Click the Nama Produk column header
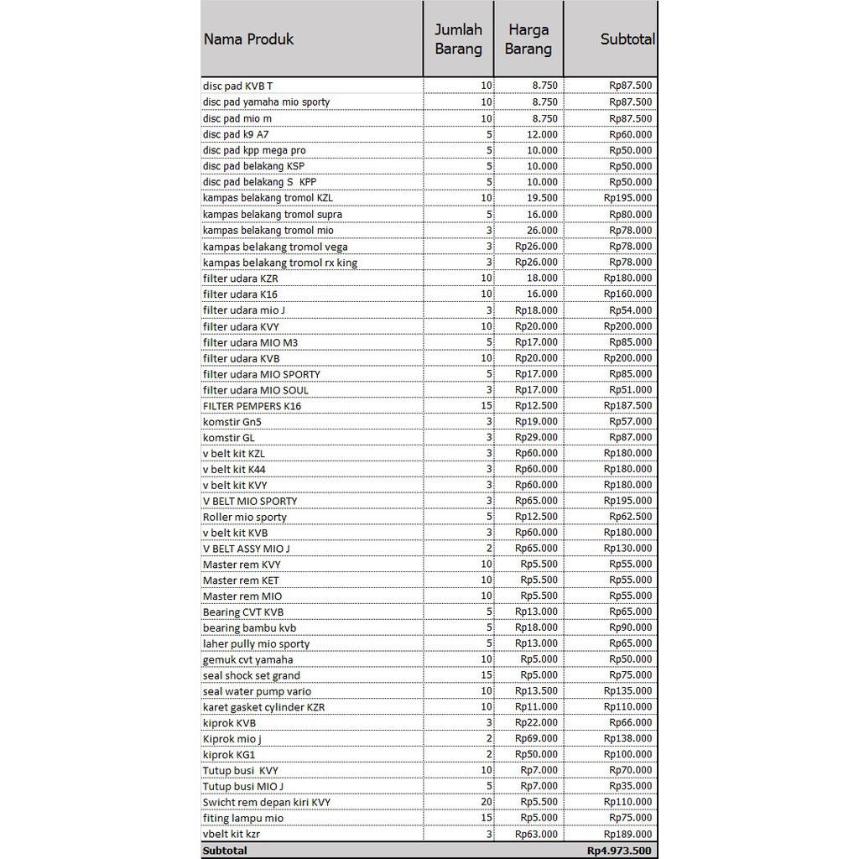click(x=248, y=39)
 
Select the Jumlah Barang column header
click(x=458, y=39)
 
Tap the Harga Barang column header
click(x=528, y=39)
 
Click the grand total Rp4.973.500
click(x=620, y=851)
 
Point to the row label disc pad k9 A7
click(x=236, y=134)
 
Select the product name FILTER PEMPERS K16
click(x=252, y=406)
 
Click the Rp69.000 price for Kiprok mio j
click(x=536, y=739)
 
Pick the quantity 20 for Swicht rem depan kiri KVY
click(x=487, y=803)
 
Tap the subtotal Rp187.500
click(x=627, y=406)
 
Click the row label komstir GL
click(x=229, y=438)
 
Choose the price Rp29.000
click(x=536, y=438)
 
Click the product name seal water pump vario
click(x=257, y=692)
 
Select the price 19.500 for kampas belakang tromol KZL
click(x=543, y=198)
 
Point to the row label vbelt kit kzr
click(x=237, y=835)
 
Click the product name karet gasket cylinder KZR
click(x=263, y=707)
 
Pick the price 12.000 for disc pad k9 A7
click(x=543, y=134)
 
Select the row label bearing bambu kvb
click(x=249, y=628)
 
